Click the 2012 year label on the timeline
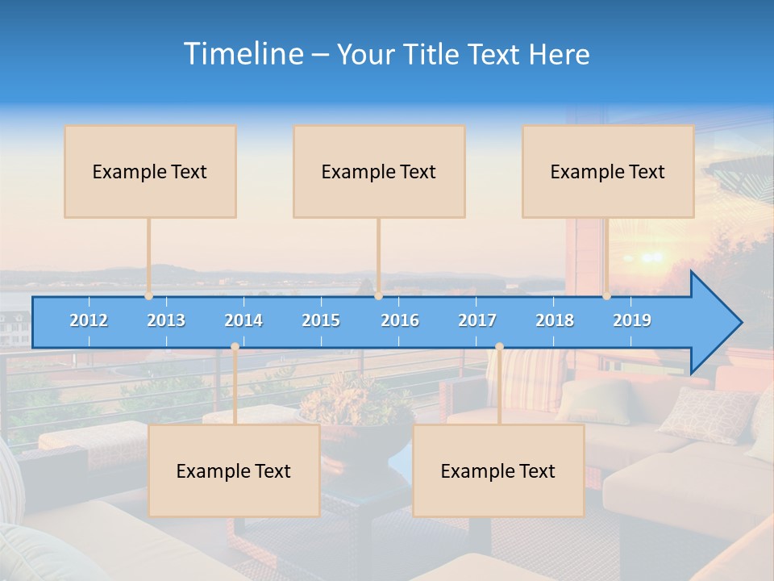click(89, 320)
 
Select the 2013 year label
click(166, 320)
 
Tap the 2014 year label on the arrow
click(243, 320)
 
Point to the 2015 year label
click(321, 320)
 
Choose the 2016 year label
click(400, 320)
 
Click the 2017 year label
click(477, 320)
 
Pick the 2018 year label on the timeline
click(555, 320)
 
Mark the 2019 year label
click(632, 320)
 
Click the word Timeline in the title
click(242, 53)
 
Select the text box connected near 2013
click(150, 171)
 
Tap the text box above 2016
click(379, 171)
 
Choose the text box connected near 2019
click(608, 171)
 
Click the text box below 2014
click(234, 470)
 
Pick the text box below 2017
click(498, 470)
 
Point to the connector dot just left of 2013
click(149, 296)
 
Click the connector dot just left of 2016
click(378, 296)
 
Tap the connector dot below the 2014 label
click(235, 347)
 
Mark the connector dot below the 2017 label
click(499, 347)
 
